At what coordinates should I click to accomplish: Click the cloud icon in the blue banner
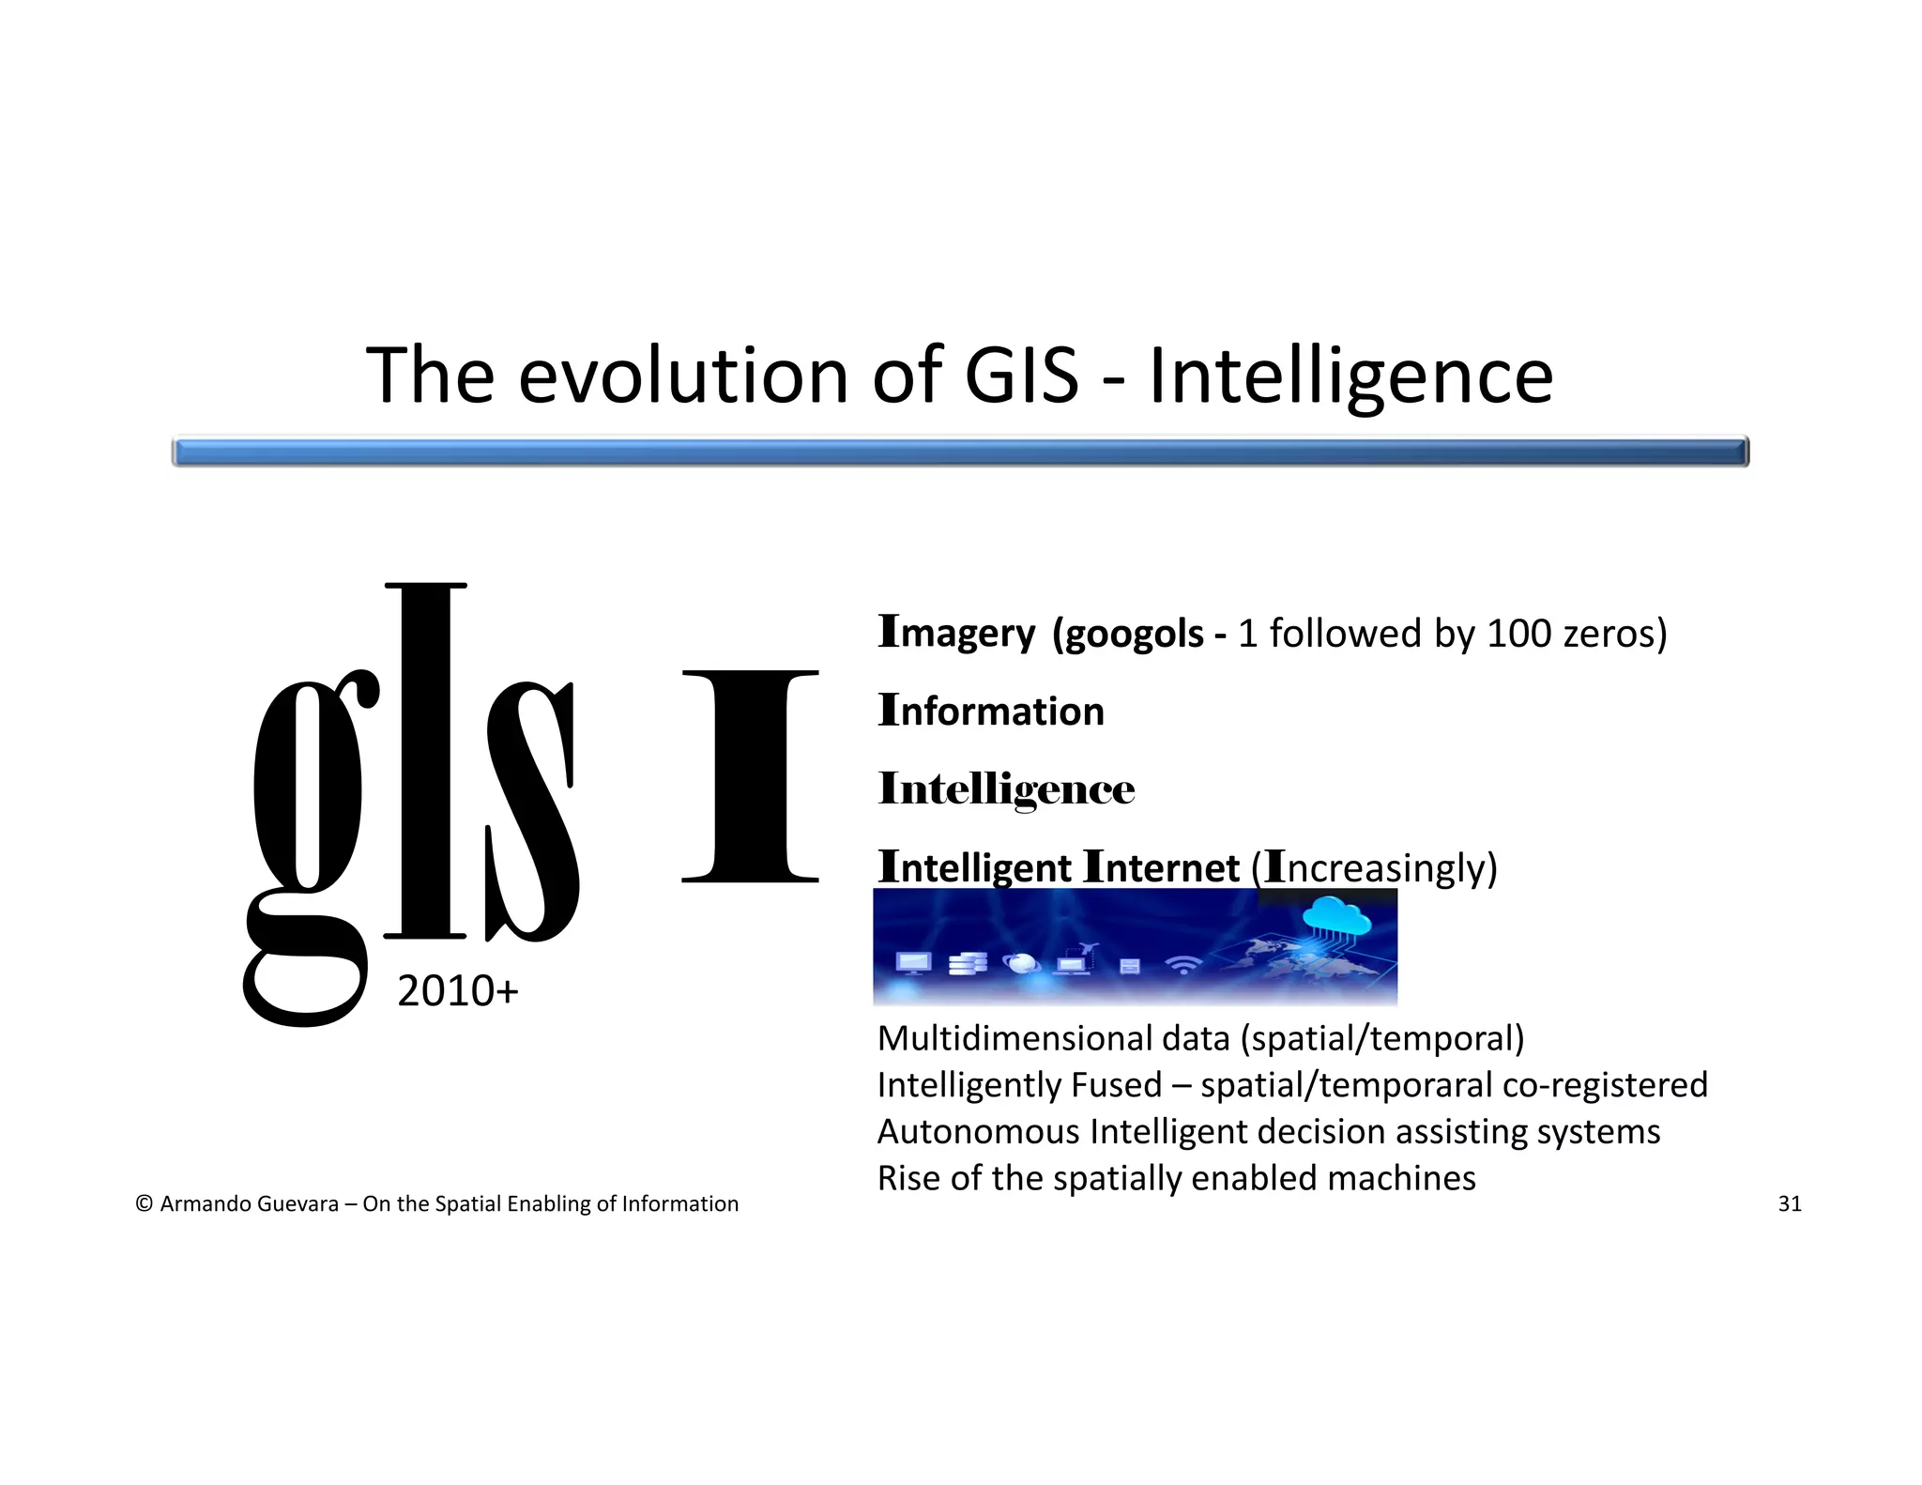pyautogui.click(x=1336, y=916)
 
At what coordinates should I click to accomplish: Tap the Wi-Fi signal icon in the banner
pyautogui.click(x=1183, y=964)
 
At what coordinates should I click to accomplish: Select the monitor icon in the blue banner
pyautogui.click(x=913, y=963)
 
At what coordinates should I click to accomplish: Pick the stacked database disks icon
pyautogui.click(x=968, y=963)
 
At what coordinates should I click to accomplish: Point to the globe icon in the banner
pyautogui.click(x=1021, y=963)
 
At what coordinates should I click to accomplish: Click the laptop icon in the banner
pyautogui.click(x=1075, y=963)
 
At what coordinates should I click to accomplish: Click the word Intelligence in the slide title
pyautogui.click(x=1350, y=375)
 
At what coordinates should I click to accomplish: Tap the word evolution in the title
pyautogui.click(x=683, y=375)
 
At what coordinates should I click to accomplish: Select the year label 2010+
pyautogui.click(x=457, y=991)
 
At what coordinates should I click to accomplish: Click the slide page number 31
pyautogui.click(x=1790, y=1204)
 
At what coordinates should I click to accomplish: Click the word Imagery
pyautogui.click(x=956, y=633)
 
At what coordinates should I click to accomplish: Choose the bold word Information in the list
pyautogui.click(x=991, y=712)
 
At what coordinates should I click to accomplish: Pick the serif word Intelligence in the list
pyautogui.click(x=1006, y=789)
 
